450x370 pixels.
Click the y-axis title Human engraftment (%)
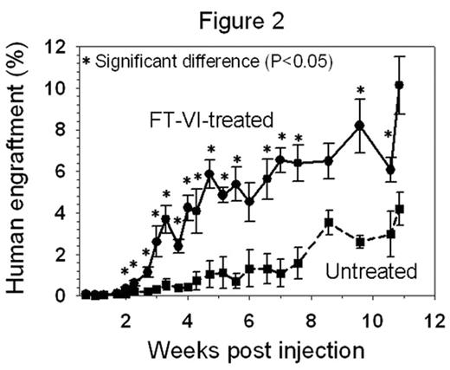click(18, 169)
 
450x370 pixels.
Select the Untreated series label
click(370, 271)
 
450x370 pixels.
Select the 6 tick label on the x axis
click(249, 316)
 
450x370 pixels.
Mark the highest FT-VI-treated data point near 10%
click(399, 85)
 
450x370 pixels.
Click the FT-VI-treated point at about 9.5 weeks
click(360, 126)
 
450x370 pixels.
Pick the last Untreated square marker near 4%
click(399, 209)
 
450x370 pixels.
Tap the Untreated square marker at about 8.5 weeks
click(329, 223)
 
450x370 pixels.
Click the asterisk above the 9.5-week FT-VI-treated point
click(360, 90)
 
